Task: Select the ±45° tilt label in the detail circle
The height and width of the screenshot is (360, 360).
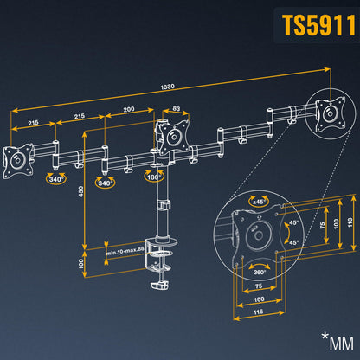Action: pyautogui.click(x=257, y=201)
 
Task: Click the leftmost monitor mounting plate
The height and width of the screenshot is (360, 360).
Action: pyautogui.click(x=16, y=161)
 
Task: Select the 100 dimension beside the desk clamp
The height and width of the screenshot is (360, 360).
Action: pyautogui.click(x=80, y=262)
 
